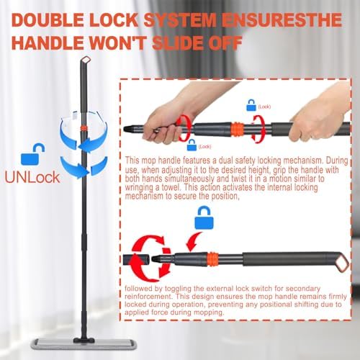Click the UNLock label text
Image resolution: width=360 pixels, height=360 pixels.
click(32, 177)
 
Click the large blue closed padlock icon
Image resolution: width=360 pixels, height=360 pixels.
click(204, 218)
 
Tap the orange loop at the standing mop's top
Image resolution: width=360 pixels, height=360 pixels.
click(86, 59)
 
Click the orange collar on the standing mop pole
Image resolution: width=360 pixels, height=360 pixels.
click(84, 128)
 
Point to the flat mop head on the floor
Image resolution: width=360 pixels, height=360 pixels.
click(84, 343)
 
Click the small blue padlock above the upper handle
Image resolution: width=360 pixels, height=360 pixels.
click(251, 105)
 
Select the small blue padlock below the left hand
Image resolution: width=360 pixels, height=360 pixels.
click(192, 145)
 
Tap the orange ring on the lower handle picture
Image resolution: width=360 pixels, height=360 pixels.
click(212, 259)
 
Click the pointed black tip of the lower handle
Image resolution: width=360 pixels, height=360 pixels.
click(156, 258)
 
